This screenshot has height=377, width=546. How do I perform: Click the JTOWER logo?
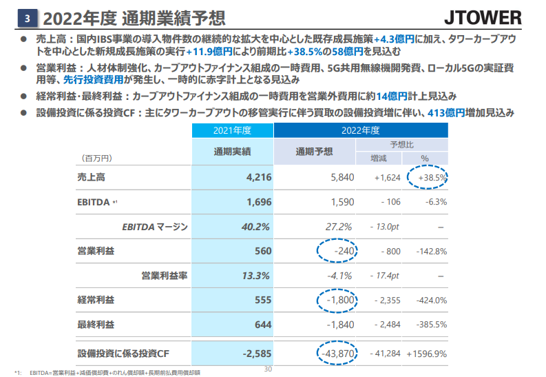click(x=496, y=16)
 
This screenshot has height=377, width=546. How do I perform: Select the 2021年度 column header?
click(x=231, y=130)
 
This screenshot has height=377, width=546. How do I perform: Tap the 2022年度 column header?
click(x=360, y=130)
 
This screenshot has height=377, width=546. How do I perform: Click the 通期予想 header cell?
click(x=314, y=151)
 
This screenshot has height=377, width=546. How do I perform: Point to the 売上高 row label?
click(x=91, y=178)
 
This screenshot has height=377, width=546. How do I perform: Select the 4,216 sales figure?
click(x=259, y=178)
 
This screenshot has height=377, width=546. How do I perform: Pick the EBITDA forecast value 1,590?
click(x=342, y=202)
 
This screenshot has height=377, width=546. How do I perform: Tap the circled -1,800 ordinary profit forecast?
click(x=339, y=300)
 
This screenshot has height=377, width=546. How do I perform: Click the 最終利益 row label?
click(x=96, y=325)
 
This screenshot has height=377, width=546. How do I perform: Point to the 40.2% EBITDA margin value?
click(x=256, y=227)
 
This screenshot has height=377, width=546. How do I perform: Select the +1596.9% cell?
click(x=427, y=354)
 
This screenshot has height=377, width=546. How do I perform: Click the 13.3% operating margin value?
click(x=256, y=276)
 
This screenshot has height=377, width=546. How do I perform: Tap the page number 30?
click(x=269, y=369)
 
